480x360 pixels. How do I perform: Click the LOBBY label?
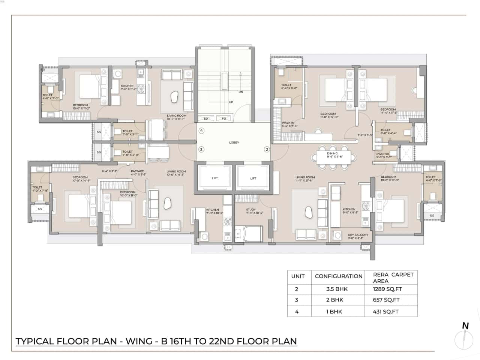(234, 142)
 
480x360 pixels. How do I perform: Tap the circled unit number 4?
(201, 131)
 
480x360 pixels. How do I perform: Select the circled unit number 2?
(267, 149)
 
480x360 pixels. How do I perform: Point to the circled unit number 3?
(201, 149)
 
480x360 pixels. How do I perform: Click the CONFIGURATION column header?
(338, 276)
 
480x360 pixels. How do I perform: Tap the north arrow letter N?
(465, 325)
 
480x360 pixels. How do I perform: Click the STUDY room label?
(251, 210)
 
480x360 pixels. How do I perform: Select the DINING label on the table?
(332, 153)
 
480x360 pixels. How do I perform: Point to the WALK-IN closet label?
(288, 123)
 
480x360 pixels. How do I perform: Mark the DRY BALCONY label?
(358, 235)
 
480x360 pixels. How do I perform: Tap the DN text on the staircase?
(241, 91)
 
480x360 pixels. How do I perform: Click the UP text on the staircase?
(231, 102)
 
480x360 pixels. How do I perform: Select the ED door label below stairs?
(205, 119)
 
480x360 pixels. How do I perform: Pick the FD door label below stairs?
(224, 119)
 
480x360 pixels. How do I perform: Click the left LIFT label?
(214, 178)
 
